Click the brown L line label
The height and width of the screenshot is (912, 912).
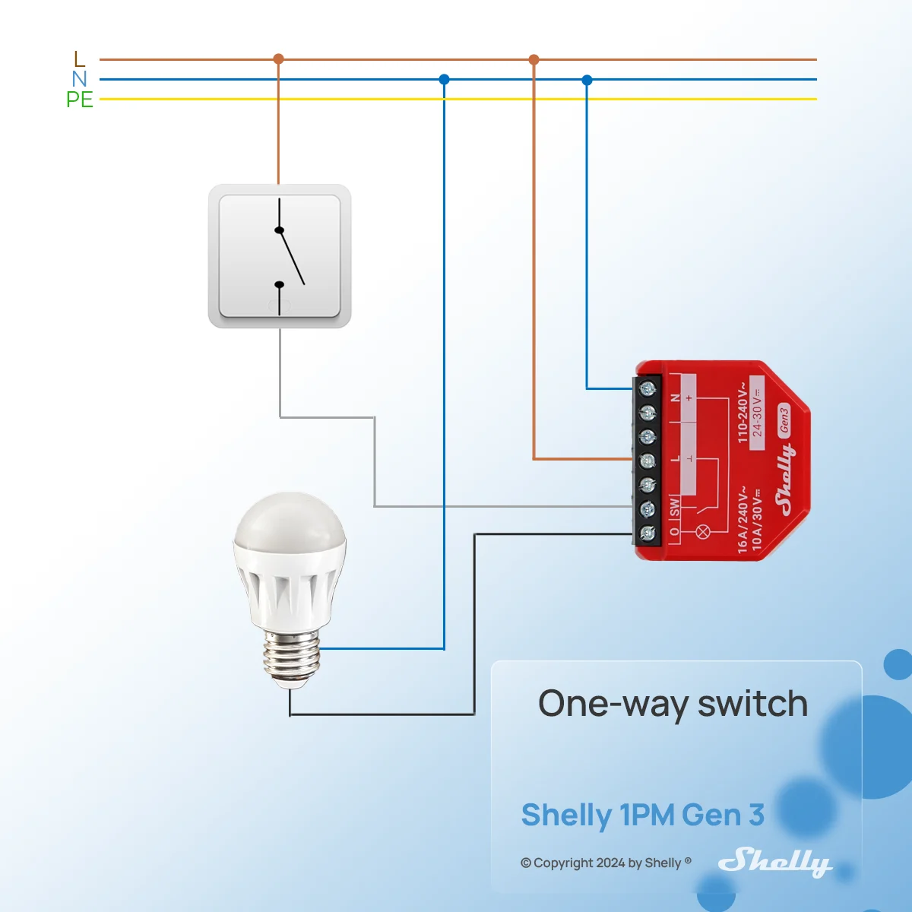click(80, 59)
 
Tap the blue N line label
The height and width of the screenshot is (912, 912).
click(80, 78)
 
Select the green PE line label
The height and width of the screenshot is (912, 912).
click(80, 100)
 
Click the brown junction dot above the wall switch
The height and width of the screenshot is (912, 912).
click(278, 59)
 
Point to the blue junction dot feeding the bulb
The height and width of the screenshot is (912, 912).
click(444, 80)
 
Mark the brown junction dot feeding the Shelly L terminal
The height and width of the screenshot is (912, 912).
click(534, 59)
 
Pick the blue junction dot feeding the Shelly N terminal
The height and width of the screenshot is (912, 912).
click(587, 80)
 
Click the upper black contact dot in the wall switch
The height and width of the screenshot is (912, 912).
click(279, 230)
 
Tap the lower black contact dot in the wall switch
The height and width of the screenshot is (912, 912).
click(279, 284)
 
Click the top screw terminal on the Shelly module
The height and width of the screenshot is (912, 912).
click(647, 389)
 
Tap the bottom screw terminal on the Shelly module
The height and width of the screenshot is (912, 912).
click(647, 534)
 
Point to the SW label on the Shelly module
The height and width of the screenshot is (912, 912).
click(674, 507)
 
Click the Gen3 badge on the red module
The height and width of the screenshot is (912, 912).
click(784, 420)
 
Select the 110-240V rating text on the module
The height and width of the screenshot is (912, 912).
click(743, 412)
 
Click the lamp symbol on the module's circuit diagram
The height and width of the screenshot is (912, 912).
click(702, 533)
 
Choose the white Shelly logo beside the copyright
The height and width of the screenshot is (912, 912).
click(775, 863)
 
